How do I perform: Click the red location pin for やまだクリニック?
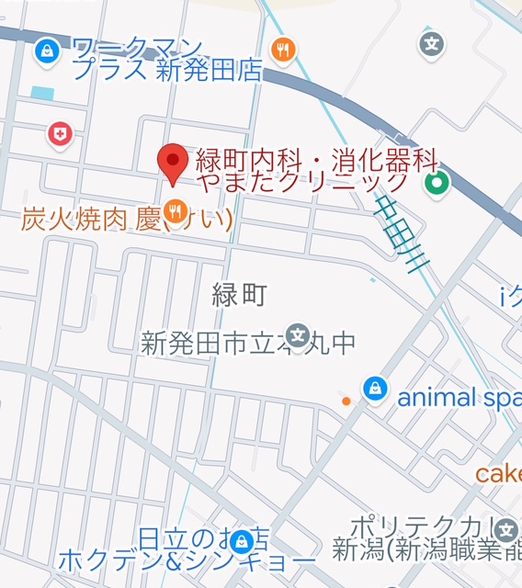click(172, 163)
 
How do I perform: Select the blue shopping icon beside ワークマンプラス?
click(44, 51)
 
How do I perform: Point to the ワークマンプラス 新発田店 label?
click(165, 58)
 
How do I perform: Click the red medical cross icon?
click(60, 135)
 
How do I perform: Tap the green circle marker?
click(437, 184)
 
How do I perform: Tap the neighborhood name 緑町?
click(239, 295)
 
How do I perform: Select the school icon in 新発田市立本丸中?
click(297, 334)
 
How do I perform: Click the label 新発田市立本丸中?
click(248, 344)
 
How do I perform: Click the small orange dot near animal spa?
click(346, 401)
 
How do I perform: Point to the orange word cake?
click(498, 474)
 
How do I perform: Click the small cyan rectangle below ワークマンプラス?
click(42, 93)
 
